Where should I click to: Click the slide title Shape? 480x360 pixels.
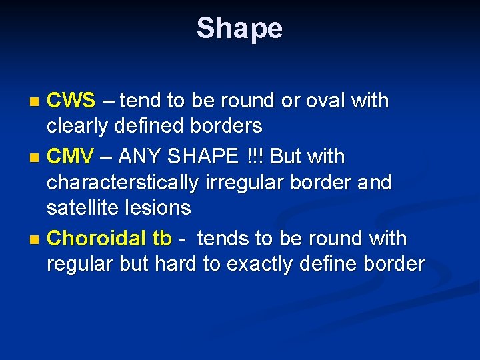[239, 29]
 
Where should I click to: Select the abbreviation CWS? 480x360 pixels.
[71, 101]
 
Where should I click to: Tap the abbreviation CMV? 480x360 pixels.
[71, 157]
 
